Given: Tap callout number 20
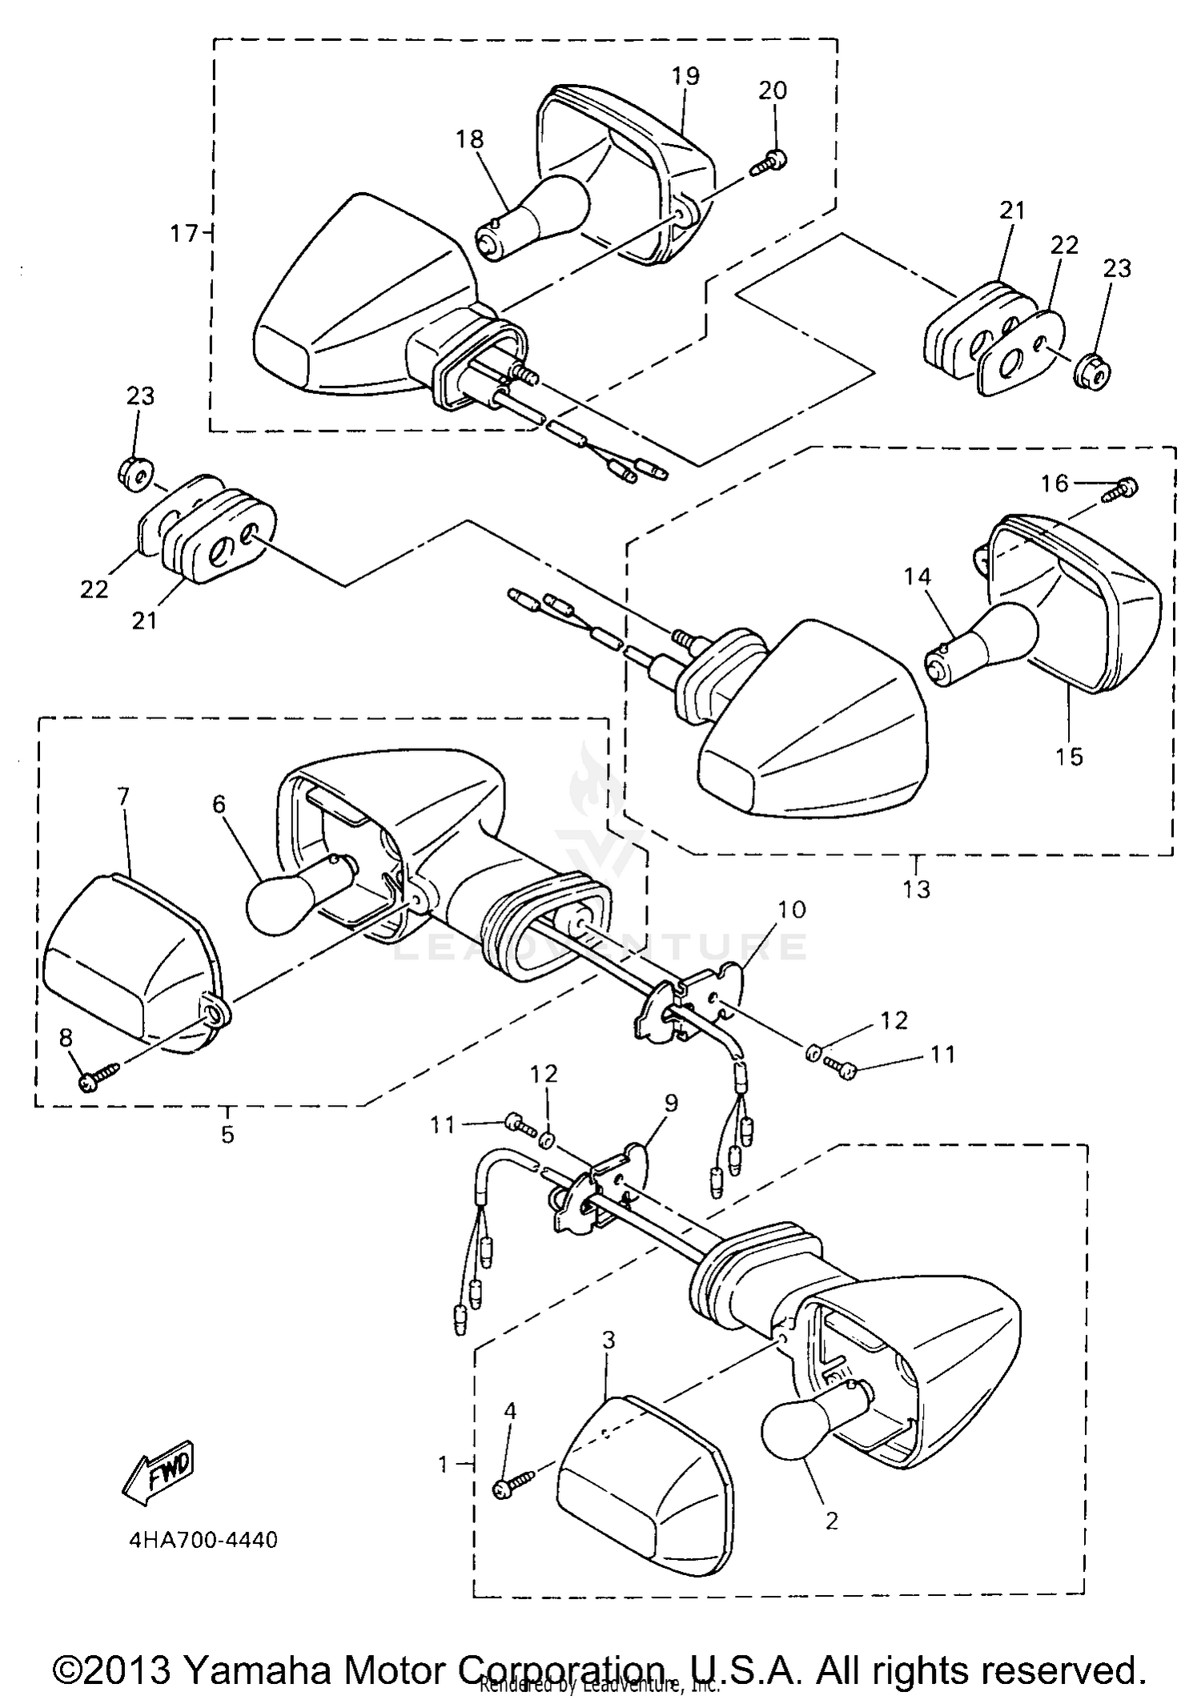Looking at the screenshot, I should [x=773, y=91].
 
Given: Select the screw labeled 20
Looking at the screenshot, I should [x=770, y=163].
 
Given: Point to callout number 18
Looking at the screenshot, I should [x=471, y=139].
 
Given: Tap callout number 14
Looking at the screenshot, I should [x=919, y=577].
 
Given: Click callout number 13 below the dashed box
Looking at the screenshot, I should [x=917, y=889].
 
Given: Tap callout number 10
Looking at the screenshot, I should [x=791, y=910].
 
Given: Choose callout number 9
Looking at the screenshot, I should [x=670, y=1103].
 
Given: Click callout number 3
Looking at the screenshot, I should [x=609, y=1340].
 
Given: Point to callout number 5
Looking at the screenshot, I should [x=228, y=1134].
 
